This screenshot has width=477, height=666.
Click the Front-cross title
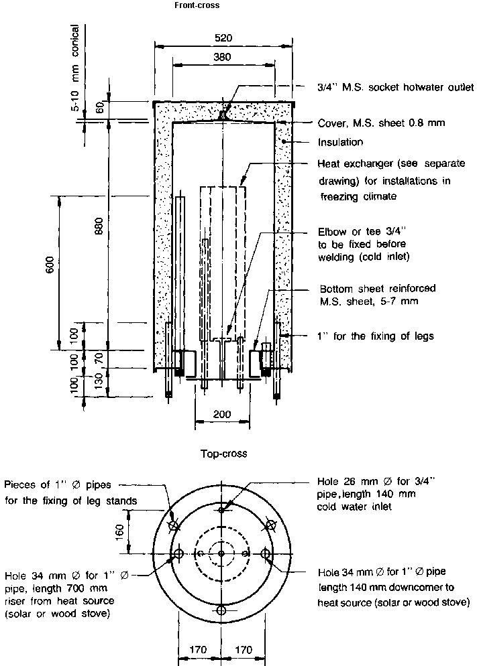(195, 5)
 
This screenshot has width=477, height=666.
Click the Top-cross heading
(224, 454)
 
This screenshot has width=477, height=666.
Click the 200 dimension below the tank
(222, 414)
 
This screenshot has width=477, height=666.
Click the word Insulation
(340, 142)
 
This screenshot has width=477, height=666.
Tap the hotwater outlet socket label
(395, 88)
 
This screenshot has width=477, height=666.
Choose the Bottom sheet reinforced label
(376, 289)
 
